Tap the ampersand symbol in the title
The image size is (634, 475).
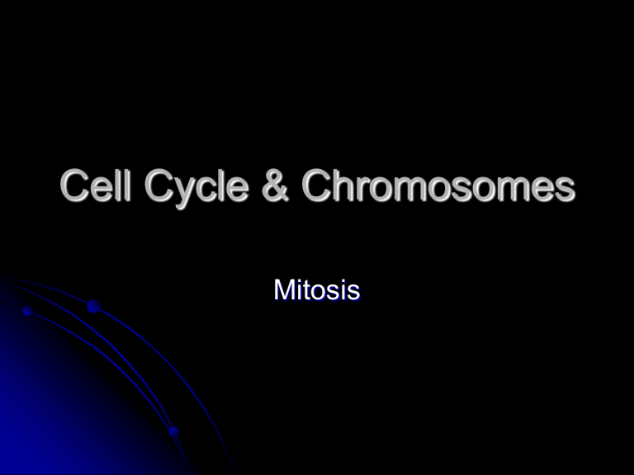[277, 187]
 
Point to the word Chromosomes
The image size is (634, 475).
[438, 187]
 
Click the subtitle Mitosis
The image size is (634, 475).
[316, 290]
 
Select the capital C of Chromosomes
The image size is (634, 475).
[319, 187]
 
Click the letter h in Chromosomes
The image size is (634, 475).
[347, 187]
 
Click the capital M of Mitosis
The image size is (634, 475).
[285, 290]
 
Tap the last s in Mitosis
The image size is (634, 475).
[353, 292]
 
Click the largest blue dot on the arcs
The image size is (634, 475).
[93, 308]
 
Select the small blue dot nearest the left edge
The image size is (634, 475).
[27, 312]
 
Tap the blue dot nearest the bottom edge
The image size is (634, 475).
[173, 431]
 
